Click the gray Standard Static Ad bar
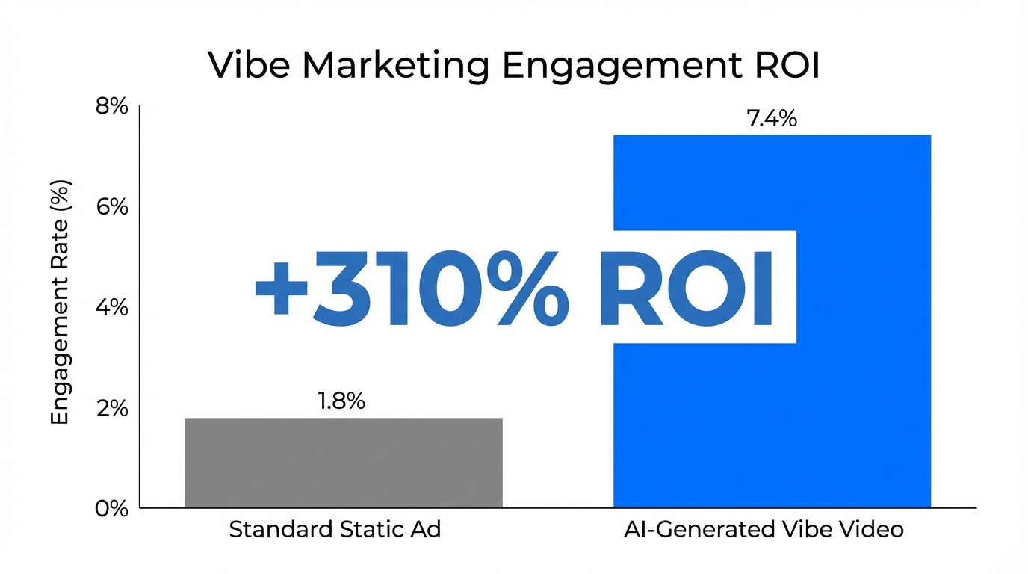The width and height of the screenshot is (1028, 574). tap(344, 463)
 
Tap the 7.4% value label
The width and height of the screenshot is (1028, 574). tap(772, 119)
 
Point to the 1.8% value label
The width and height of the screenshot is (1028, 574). tap(341, 401)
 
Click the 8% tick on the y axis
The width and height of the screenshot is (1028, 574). tap(112, 108)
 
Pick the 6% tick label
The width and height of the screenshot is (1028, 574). tap(112, 208)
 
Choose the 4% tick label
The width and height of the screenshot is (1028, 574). tap(112, 309)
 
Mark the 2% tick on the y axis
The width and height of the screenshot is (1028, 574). tap(112, 409)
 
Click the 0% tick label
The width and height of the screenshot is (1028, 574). tap(112, 509)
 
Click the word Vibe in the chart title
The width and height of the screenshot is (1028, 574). tap(250, 66)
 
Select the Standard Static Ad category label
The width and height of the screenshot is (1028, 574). tap(335, 530)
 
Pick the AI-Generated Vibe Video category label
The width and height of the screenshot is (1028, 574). tap(764, 530)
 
